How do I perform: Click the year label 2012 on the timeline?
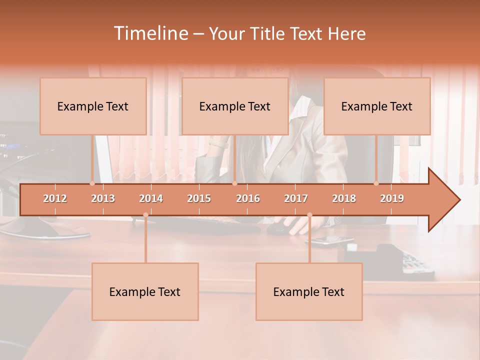[55, 198]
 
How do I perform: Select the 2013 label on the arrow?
[103, 198]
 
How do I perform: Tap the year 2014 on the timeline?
[151, 198]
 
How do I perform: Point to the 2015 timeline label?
[199, 198]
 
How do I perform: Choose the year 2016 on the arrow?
[248, 198]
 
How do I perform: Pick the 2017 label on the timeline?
[296, 198]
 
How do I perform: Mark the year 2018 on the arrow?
[344, 198]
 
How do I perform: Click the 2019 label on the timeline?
[392, 198]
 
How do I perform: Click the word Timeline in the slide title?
[150, 33]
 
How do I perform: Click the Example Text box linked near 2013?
[93, 106]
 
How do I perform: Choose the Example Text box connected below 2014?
[145, 292]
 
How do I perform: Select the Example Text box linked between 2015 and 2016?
[235, 106]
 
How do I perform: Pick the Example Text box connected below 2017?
[309, 292]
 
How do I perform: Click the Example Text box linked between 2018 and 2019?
[377, 106]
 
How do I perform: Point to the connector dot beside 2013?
[92, 183]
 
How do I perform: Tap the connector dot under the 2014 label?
[145, 215]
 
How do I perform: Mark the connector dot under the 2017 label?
[309, 215]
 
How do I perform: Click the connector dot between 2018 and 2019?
[376, 183]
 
